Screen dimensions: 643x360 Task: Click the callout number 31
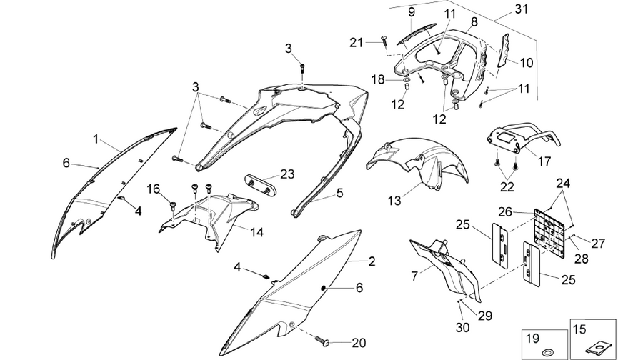pos(521,9)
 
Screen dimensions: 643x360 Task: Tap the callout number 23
pos(287,174)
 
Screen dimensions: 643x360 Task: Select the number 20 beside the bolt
pos(359,343)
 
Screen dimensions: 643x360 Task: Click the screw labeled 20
pos(322,340)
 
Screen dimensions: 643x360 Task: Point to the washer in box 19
pos(547,352)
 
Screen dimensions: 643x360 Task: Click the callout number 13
pos(394,201)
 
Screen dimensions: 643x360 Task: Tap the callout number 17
pos(544,161)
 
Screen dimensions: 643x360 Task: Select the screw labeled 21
pos(384,41)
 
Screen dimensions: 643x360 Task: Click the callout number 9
pos(411,12)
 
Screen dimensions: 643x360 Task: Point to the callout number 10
pos(526,63)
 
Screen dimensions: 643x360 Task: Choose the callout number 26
pos(505,211)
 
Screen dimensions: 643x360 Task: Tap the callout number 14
pos(256,232)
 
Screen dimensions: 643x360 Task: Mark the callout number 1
pos(96,139)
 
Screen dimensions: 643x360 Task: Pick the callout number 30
pos(462,328)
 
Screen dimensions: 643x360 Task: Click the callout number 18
pos(378,79)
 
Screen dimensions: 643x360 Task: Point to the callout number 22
pos(507,187)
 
